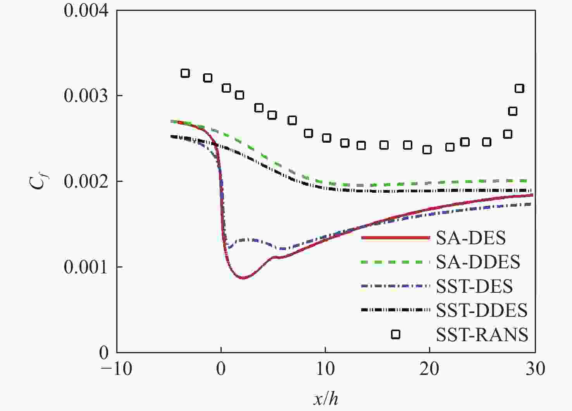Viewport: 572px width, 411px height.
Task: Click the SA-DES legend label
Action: pos(471,238)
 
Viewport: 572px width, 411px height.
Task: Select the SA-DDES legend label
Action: pos(478,262)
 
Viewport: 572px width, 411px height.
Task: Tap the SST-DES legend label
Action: pos(474,287)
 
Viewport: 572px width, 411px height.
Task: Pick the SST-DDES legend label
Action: pos(482,311)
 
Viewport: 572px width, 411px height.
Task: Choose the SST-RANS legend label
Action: pos(482,335)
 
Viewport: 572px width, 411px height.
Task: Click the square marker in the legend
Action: pos(395,334)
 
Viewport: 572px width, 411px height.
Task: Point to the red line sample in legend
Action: pos(395,238)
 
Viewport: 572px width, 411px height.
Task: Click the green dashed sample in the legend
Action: pos(395,262)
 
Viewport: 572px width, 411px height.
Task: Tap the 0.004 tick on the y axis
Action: pos(86,10)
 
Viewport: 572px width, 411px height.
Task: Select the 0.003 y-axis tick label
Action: pos(86,96)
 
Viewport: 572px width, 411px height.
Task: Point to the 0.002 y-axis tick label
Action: pos(86,181)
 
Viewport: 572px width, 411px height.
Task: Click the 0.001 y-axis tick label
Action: pos(86,267)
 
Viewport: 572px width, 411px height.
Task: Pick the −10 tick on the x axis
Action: pos(116,369)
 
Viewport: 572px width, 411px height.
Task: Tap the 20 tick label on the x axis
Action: pos(430,369)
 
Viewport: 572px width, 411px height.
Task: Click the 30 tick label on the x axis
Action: pos(535,369)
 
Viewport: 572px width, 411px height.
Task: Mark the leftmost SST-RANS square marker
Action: pos(185,73)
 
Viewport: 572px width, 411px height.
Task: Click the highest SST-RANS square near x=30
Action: pos(519,88)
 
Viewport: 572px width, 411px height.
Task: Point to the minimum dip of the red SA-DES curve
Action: pos(243,278)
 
